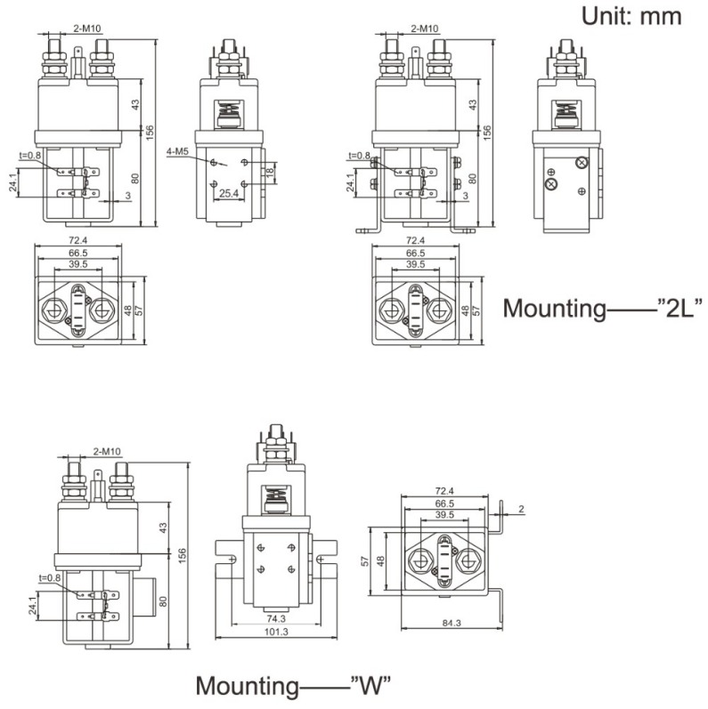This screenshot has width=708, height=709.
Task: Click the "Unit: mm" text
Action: click(x=631, y=15)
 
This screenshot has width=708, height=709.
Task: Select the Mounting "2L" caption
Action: click(x=603, y=309)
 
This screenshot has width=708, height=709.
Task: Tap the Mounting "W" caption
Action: click(x=294, y=686)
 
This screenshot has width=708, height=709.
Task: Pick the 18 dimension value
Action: click(x=271, y=172)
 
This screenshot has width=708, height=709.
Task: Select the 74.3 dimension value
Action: click(x=275, y=619)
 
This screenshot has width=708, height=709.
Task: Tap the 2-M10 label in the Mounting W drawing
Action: click(x=107, y=451)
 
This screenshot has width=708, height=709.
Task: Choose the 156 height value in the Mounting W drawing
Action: click(x=183, y=553)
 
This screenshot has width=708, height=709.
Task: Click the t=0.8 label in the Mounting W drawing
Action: click(x=51, y=577)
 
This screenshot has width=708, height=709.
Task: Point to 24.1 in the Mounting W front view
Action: click(x=33, y=606)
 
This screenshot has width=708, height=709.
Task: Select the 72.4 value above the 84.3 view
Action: click(x=444, y=491)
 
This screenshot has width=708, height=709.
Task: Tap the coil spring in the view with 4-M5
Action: click(x=229, y=115)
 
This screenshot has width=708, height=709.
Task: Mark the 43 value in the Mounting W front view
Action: click(x=162, y=528)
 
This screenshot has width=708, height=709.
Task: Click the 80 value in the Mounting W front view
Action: click(x=162, y=600)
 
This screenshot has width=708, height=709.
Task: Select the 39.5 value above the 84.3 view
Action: click(x=444, y=515)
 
